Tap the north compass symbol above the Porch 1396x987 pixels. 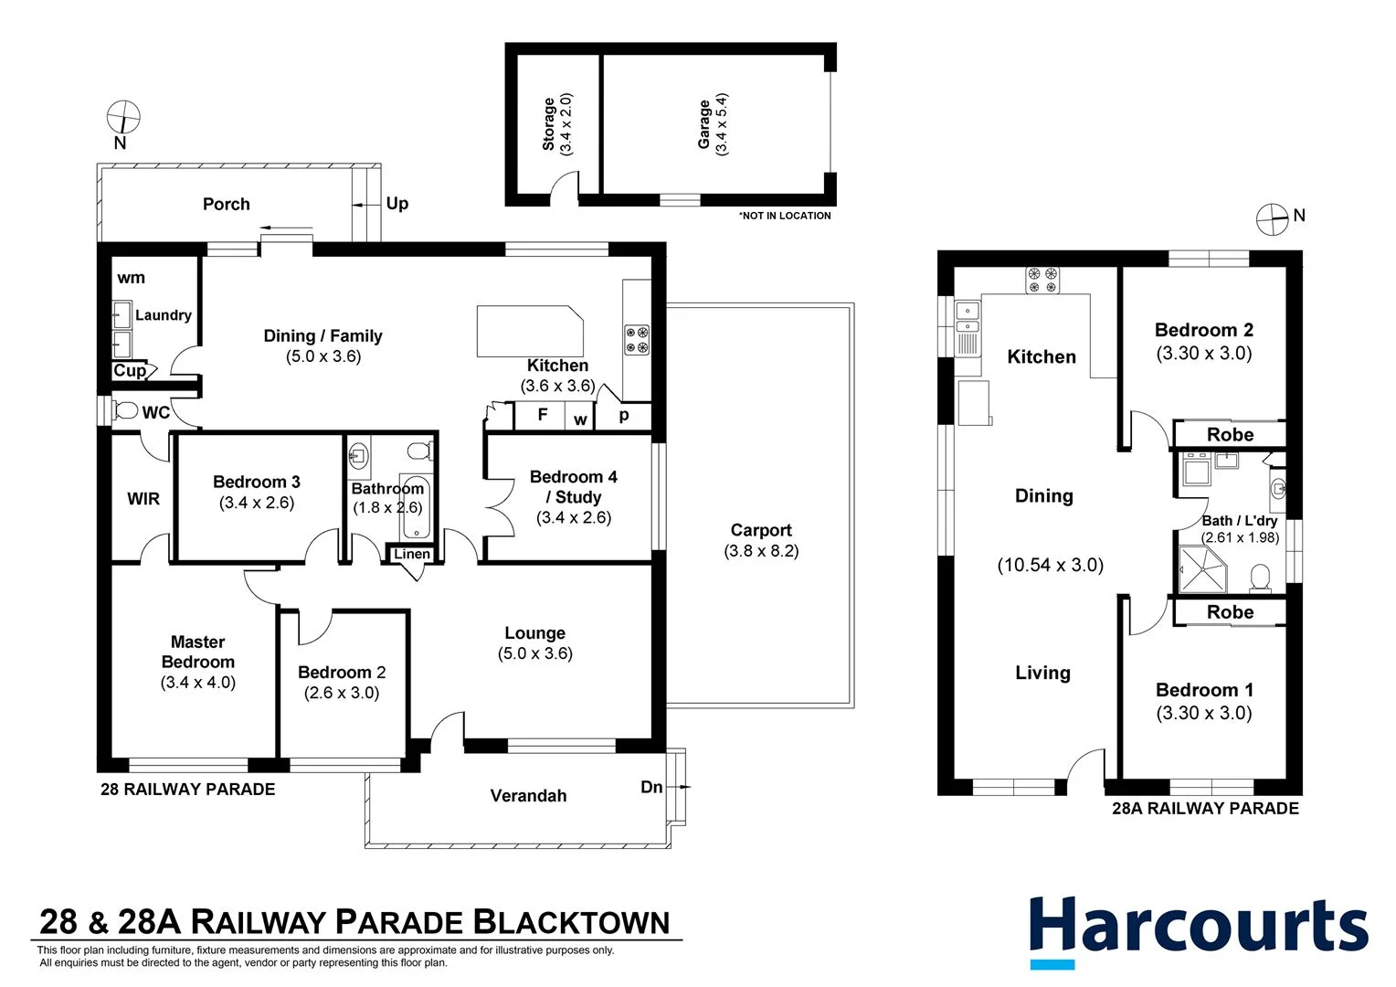tap(123, 118)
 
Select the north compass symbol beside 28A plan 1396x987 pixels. tap(1272, 219)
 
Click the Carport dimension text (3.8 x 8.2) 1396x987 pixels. tap(760, 551)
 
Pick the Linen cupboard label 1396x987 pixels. tap(412, 554)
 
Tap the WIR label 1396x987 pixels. tap(143, 499)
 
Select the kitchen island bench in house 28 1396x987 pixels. tap(529, 331)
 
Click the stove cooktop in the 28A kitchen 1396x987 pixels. tap(1042, 280)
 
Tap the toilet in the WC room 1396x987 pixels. tap(125, 410)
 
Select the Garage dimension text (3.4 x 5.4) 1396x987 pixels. tap(722, 124)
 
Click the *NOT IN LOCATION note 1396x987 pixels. tap(785, 216)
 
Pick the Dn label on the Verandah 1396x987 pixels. tap(651, 787)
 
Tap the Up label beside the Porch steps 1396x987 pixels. tap(397, 203)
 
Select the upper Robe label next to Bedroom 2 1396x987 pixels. tap(1230, 435)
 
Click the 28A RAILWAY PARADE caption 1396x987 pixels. tap(1204, 808)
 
